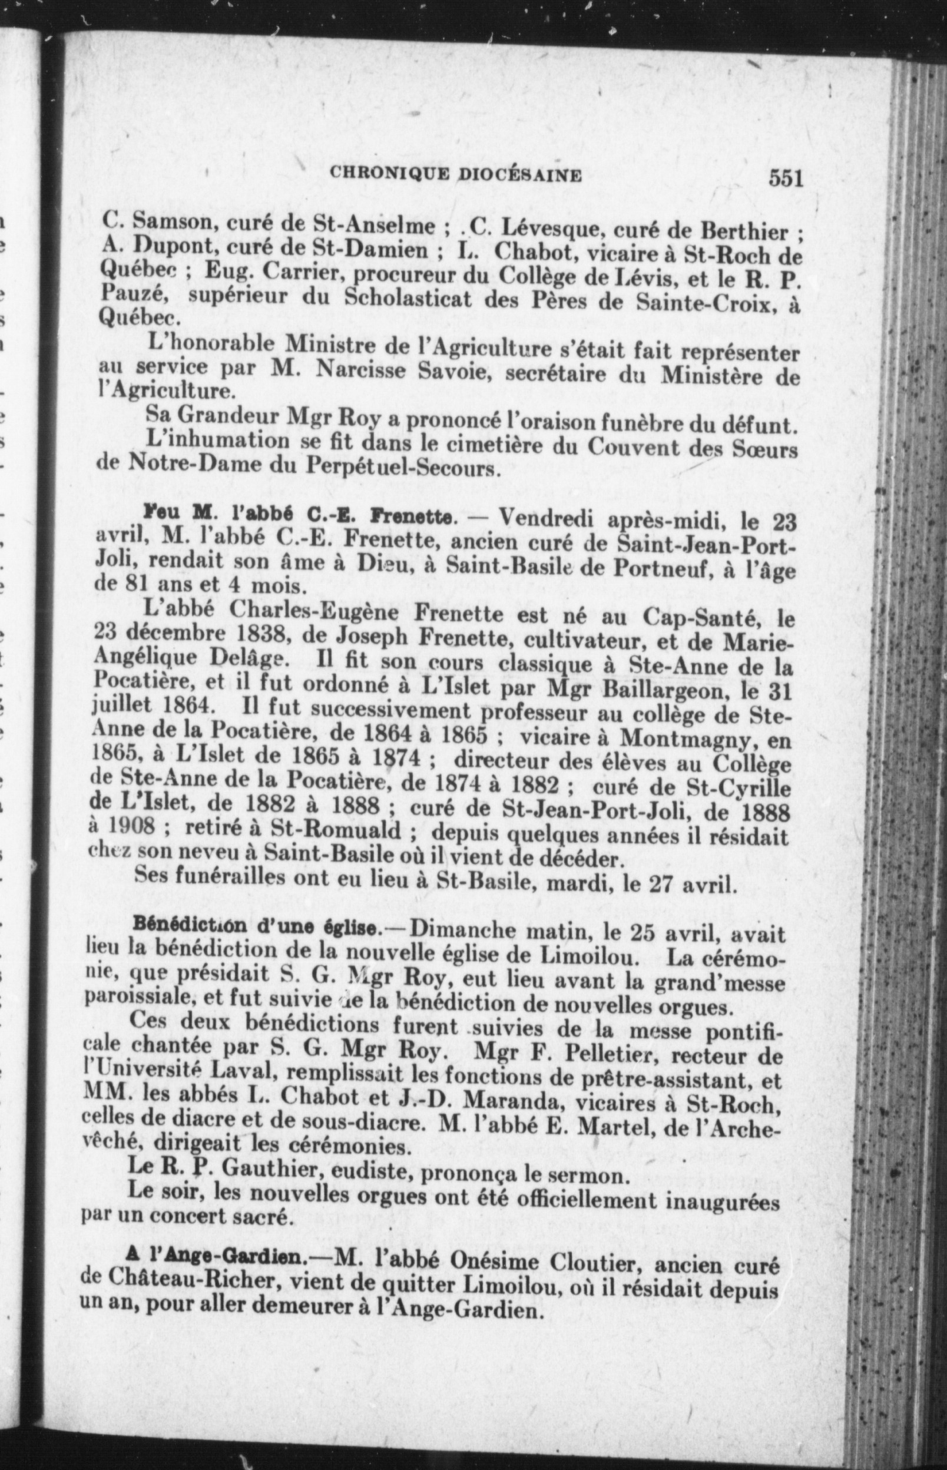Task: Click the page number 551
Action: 785,179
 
